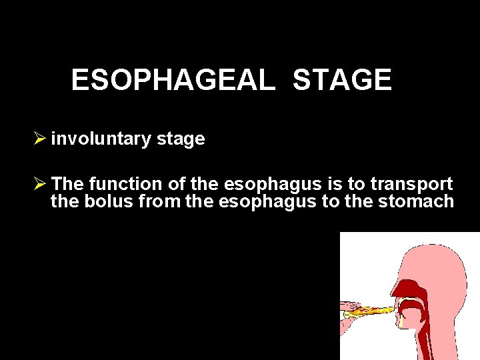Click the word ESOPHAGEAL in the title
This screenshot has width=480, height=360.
tap(173, 80)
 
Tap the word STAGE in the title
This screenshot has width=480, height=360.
tap(342, 80)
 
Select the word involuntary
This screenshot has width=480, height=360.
tap(101, 139)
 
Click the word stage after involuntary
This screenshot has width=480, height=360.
tap(180, 139)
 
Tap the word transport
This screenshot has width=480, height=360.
tap(412, 183)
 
